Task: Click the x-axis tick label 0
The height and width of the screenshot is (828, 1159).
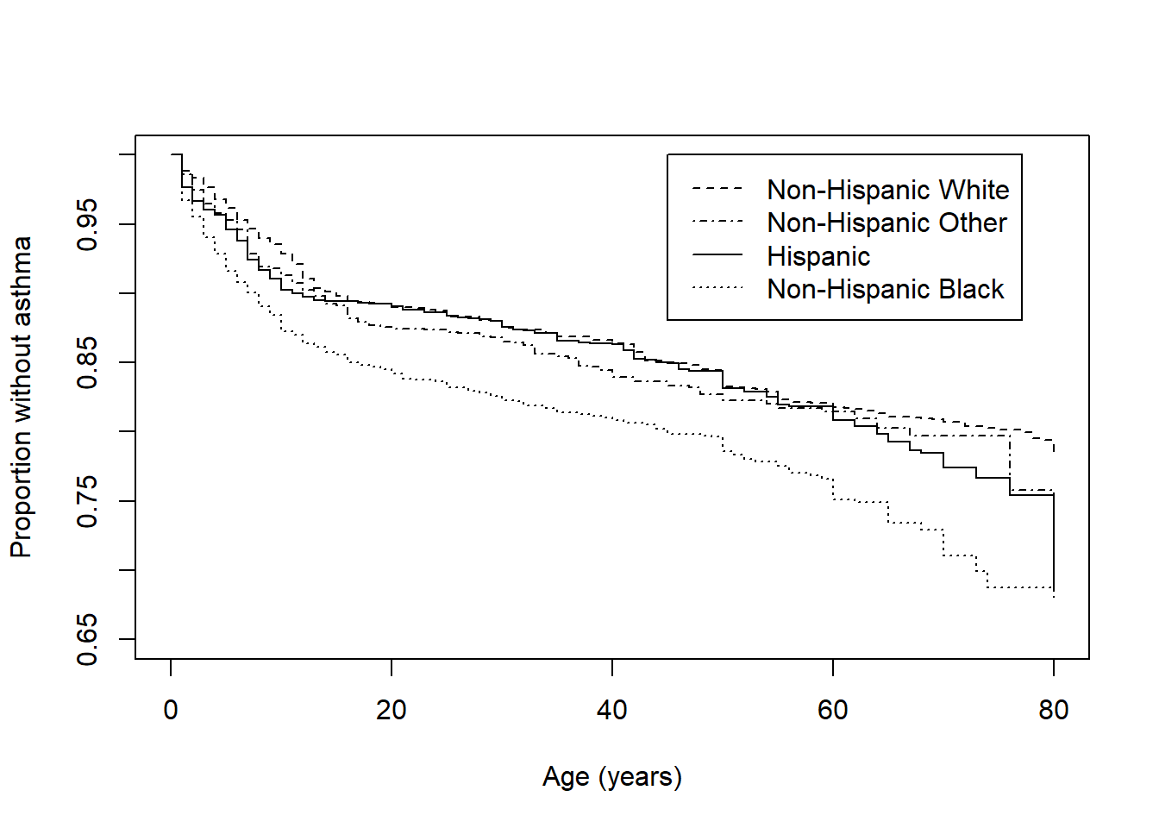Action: pyautogui.click(x=171, y=711)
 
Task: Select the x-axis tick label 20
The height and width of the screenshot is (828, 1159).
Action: pyautogui.click(x=392, y=711)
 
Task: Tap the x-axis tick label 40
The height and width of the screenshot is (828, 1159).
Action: pyautogui.click(x=612, y=711)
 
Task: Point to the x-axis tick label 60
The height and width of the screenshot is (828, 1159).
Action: pyautogui.click(x=833, y=711)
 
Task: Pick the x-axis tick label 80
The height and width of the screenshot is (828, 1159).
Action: pyautogui.click(x=1054, y=711)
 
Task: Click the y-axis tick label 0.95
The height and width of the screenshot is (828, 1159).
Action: pyautogui.click(x=88, y=224)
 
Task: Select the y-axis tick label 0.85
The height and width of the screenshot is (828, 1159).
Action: pyautogui.click(x=88, y=362)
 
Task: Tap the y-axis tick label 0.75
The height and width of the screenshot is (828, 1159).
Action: pyautogui.click(x=88, y=501)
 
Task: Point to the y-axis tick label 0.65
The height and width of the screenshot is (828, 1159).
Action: pyautogui.click(x=88, y=639)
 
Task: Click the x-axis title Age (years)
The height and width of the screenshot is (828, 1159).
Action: pyautogui.click(x=612, y=777)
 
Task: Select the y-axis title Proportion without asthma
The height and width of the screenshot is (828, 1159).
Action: pyautogui.click(x=21, y=397)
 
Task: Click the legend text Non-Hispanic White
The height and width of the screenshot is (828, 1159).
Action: pyautogui.click(x=887, y=190)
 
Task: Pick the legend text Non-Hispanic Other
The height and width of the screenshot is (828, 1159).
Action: pyautogui.click(x=886, y=223)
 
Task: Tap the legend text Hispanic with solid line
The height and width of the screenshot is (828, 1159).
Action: pyautogui.click(x=818, y=256)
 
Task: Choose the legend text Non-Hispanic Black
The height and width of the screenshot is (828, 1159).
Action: pyautogui.click(x=885, y=289)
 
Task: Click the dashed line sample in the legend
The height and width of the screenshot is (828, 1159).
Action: pyautogui.click(x=717, y=188)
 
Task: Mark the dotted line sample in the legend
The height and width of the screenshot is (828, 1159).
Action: pyautogui.click(x=717, y=288)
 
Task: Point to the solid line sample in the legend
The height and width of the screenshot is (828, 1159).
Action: pyautogui.click(x=717, y=255)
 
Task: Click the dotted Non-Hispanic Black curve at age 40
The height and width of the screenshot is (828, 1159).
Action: pyautogui.click(x=612, y=419)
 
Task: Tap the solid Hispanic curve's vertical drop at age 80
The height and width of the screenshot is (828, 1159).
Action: pyautogui.click(x=1054, y=543)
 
